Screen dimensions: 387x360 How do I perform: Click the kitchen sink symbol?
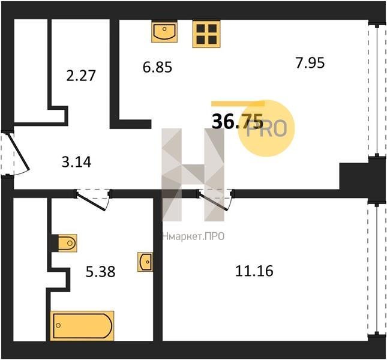(x=164, y=32)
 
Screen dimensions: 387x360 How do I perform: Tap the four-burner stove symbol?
(x=206, y=34)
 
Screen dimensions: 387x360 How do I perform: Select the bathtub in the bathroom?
(x=82, y=326)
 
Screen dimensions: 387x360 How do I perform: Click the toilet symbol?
(x=67, y=243)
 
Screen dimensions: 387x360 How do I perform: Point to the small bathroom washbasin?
(x=145, y=262)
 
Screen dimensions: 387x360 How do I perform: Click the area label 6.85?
(x=157, y=67)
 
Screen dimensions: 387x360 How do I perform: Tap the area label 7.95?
(x=310, y=62)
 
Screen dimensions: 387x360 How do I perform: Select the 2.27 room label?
(x=81, y=76)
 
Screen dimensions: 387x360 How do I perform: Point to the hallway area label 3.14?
(x=77, y=162)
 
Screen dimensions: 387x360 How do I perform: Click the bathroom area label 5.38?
(x=100, y=271)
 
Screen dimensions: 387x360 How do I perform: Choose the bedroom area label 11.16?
(x=254, y=271)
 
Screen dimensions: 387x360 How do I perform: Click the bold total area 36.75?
(x=238, y=121)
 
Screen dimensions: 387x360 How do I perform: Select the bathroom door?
(x=93, y=200)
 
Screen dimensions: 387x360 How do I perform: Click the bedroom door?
(x=215, y=200)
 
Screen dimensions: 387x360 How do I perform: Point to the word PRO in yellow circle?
(x=267, y=128)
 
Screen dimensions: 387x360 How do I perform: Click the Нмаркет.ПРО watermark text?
(x=193, y=236)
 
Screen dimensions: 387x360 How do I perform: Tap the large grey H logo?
(x=193, y=175)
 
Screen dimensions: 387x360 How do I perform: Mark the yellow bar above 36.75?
(x=238, y=103)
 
